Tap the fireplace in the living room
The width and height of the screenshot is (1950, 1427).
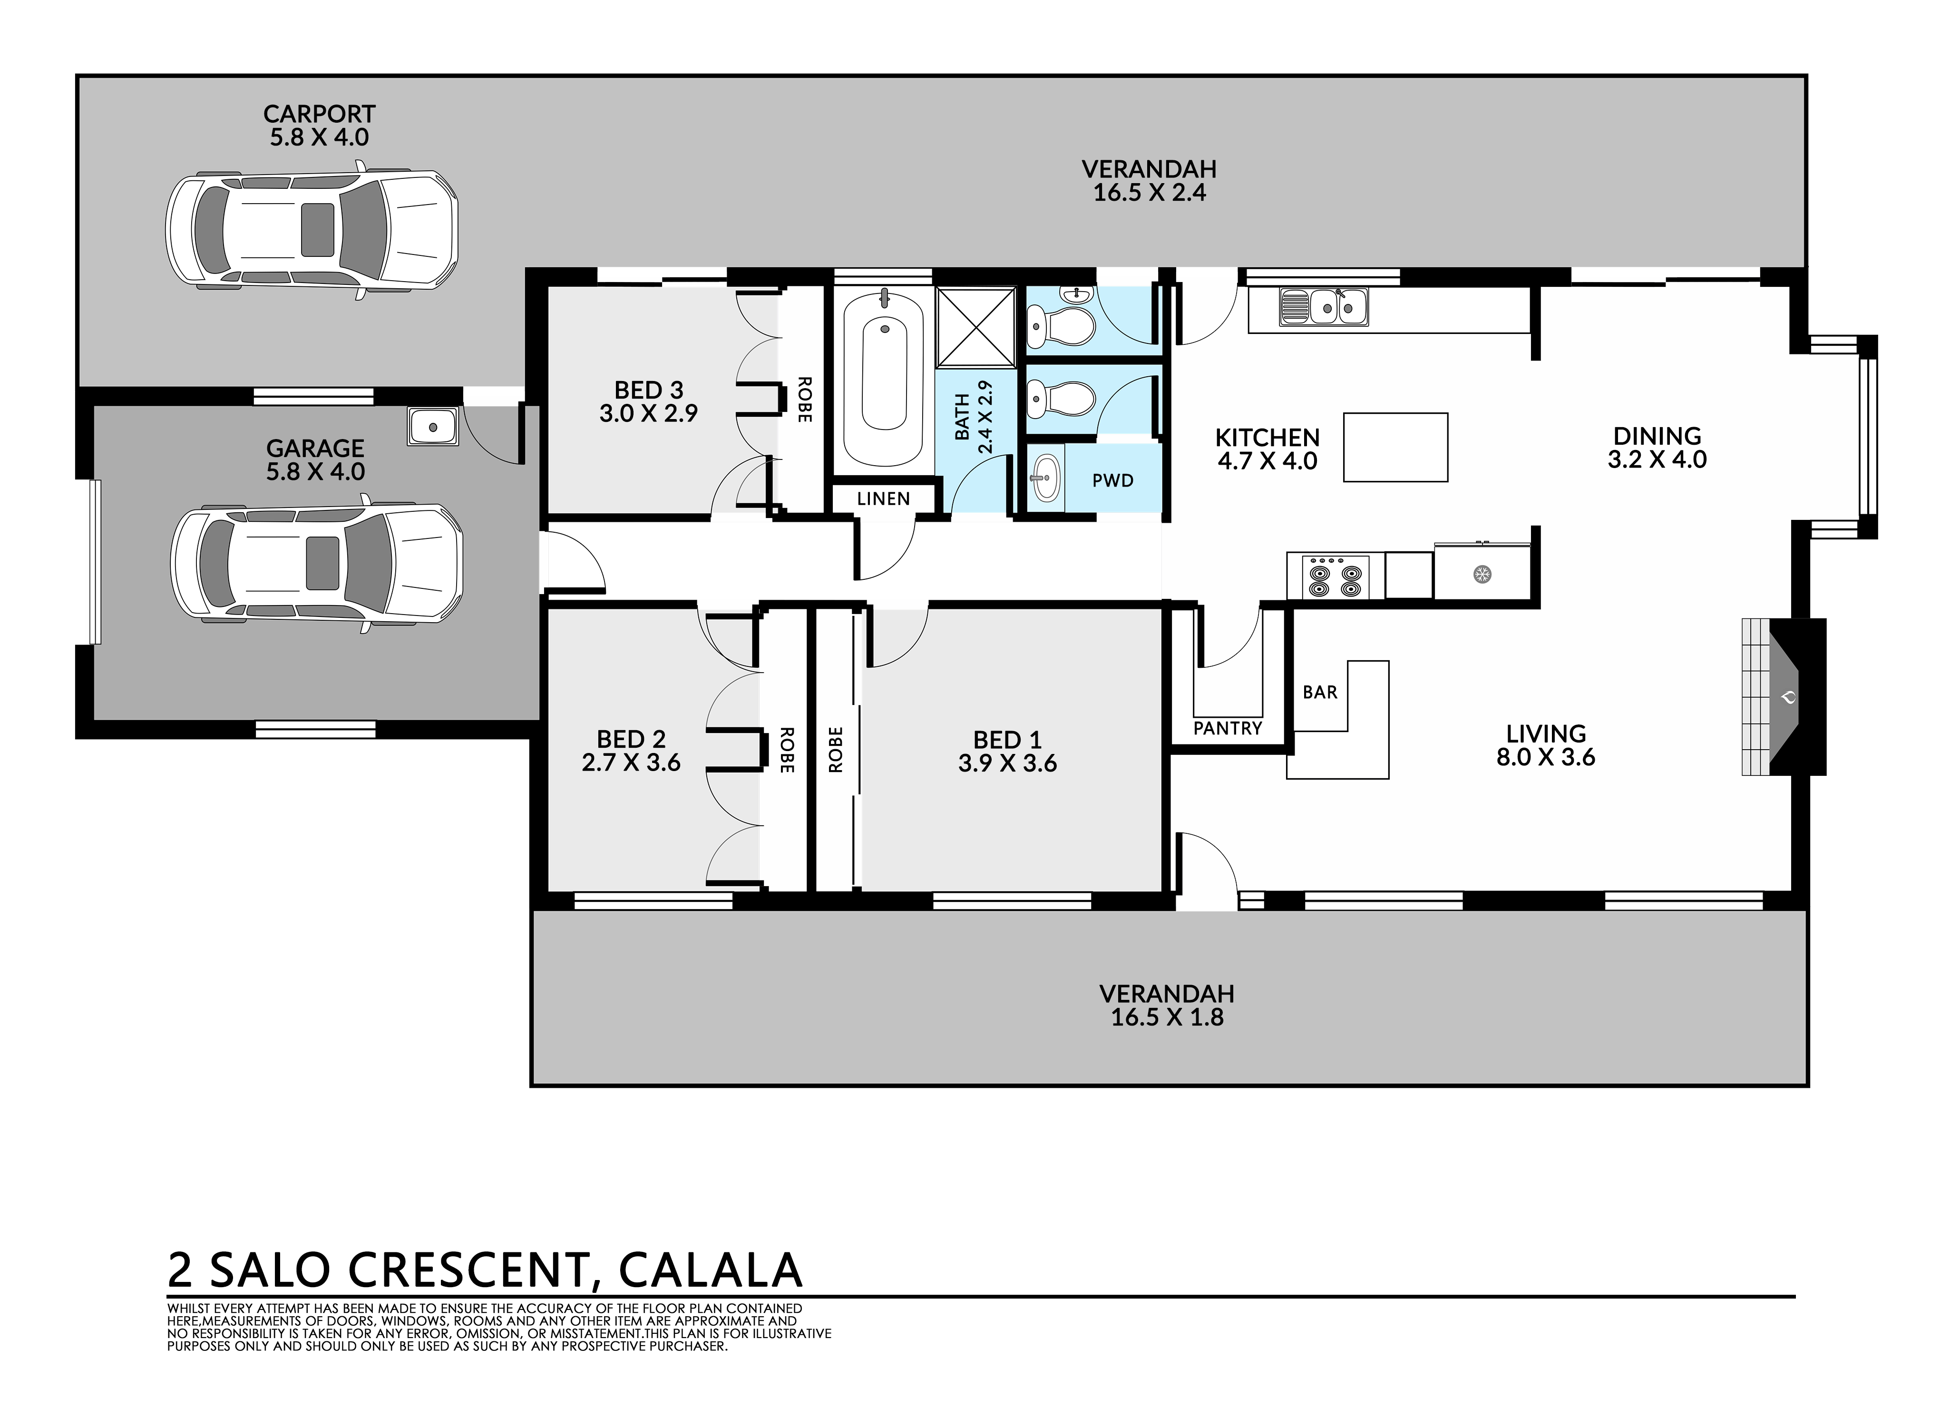1783,696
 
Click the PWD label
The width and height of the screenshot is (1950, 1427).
1112,480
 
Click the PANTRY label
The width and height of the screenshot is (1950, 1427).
1227,728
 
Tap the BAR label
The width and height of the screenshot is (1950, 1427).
1319,692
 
